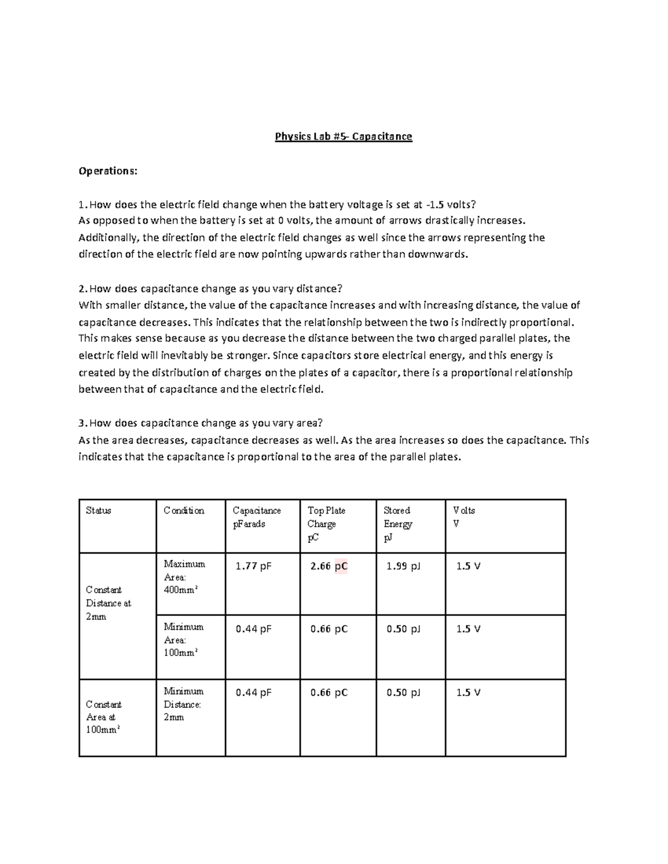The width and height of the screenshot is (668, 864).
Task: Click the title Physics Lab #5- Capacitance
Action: point(343,137)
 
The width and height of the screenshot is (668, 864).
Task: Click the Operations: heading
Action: point(107,171)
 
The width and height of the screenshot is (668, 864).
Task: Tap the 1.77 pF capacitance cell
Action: point(253,566)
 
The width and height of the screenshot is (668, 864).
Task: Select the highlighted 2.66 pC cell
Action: point(329,566)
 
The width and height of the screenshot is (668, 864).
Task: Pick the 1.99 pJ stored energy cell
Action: point(404,566)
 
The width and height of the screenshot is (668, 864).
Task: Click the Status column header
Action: point(99,511)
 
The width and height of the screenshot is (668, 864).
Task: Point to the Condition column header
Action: point(184,511)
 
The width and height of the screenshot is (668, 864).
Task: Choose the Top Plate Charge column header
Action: point(326,524)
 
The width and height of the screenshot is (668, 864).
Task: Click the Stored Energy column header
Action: point(397,524)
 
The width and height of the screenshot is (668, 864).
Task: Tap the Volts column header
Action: point(464,517)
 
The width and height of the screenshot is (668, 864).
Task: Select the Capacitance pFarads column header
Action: point(257,517)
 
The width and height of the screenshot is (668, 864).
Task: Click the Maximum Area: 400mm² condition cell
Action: point(184,577)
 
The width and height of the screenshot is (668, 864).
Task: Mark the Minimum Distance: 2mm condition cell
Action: point(183,704)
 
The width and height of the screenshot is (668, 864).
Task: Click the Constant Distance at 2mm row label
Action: point(108,603)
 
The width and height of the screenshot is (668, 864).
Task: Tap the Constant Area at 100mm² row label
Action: point(104,717)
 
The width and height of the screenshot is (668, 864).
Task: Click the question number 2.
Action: point(82,289)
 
